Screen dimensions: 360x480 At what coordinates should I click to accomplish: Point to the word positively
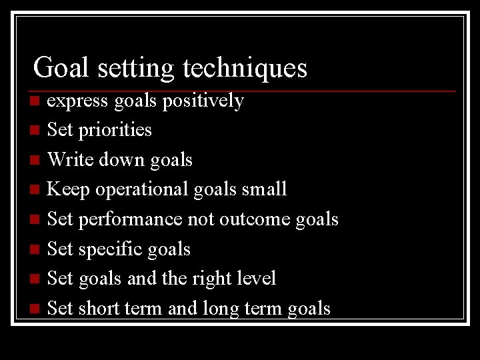tap(203, 101)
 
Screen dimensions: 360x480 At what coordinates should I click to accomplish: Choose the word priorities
tap(115, 130)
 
